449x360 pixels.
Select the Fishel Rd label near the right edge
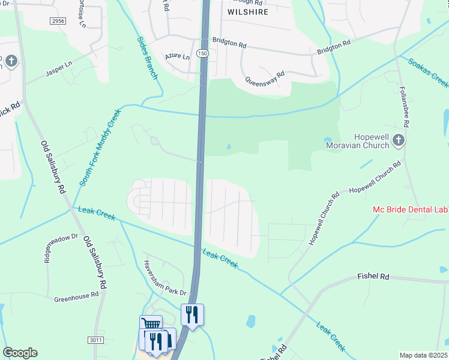[x=373, y=277]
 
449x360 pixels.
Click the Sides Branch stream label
[x=146, y=58]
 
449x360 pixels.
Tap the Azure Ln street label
[x=177, y=58]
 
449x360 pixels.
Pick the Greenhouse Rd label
[x=76, y=296]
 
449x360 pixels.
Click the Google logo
[x=20, y=353]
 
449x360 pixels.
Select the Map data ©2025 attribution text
[x=423, y=355]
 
